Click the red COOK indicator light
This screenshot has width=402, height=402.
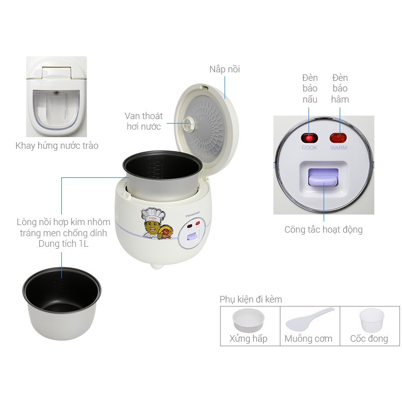pyautogui.click(x=309, y=138)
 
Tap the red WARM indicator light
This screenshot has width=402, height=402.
pyautogui.click(x=339, y=138)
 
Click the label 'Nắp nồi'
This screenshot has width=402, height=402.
pyautogui.click(x=225, y=69)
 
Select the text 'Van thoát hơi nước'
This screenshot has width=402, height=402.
pyautogui.click(x=144, y=121)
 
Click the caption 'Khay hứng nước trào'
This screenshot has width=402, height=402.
pyautogui.click(x=57, y=146)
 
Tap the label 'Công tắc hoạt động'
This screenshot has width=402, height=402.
pyautogui.click(x=323, y=230)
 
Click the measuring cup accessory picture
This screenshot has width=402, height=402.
pyautogui.click(x=371, y=320)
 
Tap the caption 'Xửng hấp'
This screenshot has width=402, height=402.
pyautogui.click(x=248, y=338)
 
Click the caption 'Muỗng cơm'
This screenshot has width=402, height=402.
pyautogui.click(x=309, y=338)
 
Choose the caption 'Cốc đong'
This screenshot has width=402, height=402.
pyautogui.click(x=369, y=338)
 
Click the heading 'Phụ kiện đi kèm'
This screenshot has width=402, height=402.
pyautogui.click(x=251, y=299)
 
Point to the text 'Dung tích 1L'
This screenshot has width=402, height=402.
pyautogui.click(x=63, y=244)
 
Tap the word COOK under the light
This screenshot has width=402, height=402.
pyautogui.click(x=309, y=148)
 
